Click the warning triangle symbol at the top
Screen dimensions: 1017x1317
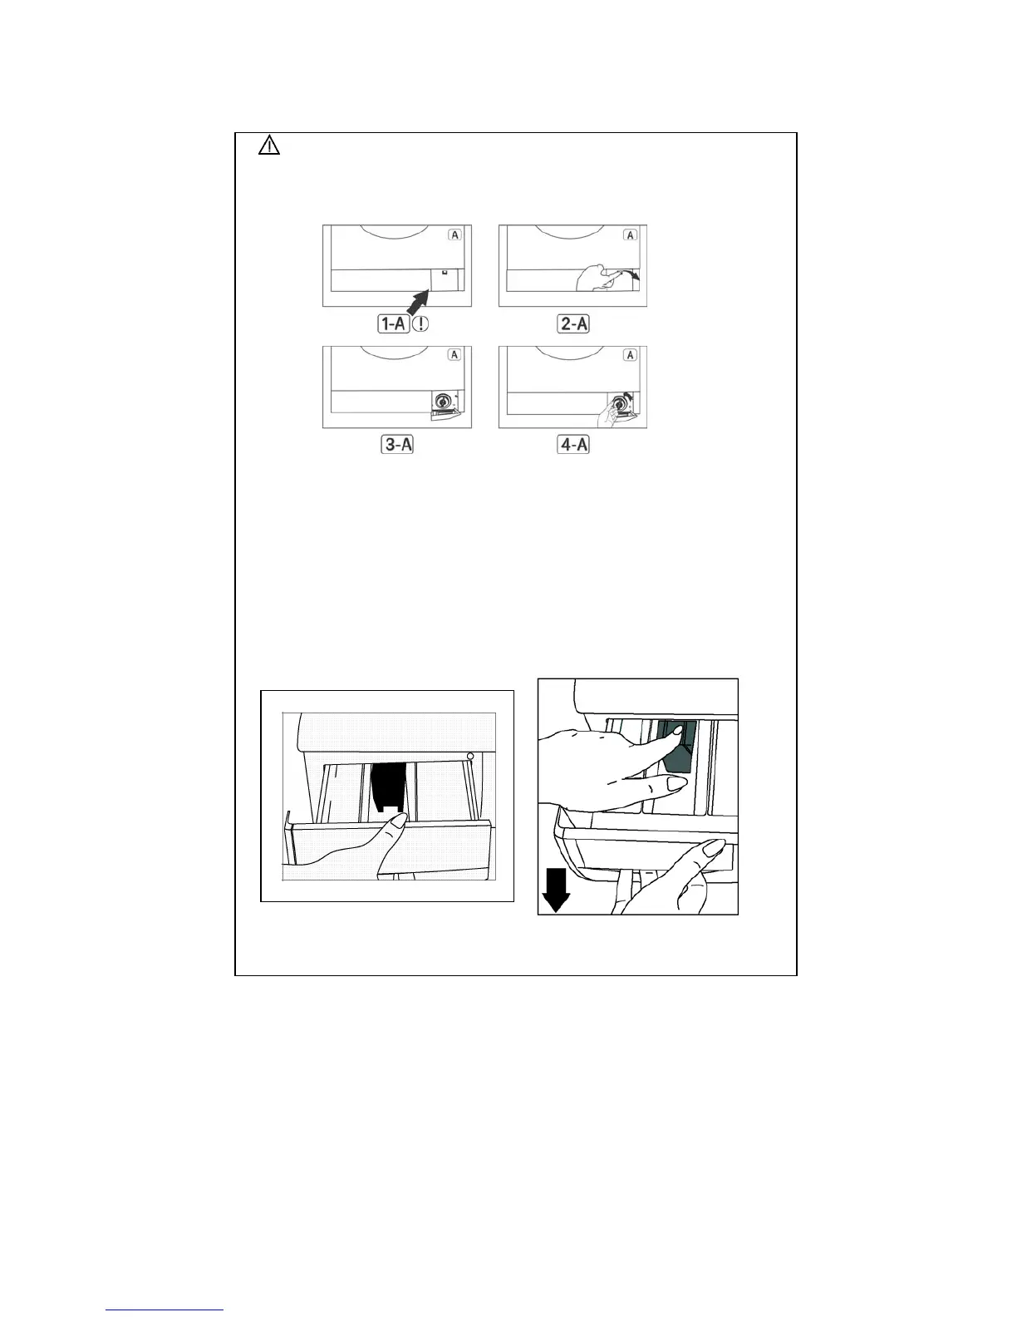click(x=269, y=146)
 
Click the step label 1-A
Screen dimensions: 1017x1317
click(x=392, y=323)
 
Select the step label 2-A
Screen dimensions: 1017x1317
click(x=573, y=323)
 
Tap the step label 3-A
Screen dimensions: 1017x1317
click(x=397, y=445)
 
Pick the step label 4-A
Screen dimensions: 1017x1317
click(x=573, y=445)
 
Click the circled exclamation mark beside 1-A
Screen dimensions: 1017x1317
click(x=420, y=323)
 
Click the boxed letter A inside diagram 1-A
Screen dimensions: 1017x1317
click(x=454, y=234)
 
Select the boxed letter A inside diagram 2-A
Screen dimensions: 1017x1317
click(x=631, y=234)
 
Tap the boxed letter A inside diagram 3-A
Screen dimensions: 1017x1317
click(x=454, y=355)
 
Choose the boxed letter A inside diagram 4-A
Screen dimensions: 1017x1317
click(x=631, y=355)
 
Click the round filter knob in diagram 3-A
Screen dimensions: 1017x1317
click(x=443, y=402)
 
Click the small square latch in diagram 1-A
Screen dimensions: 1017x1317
click(x=445, y=272)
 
